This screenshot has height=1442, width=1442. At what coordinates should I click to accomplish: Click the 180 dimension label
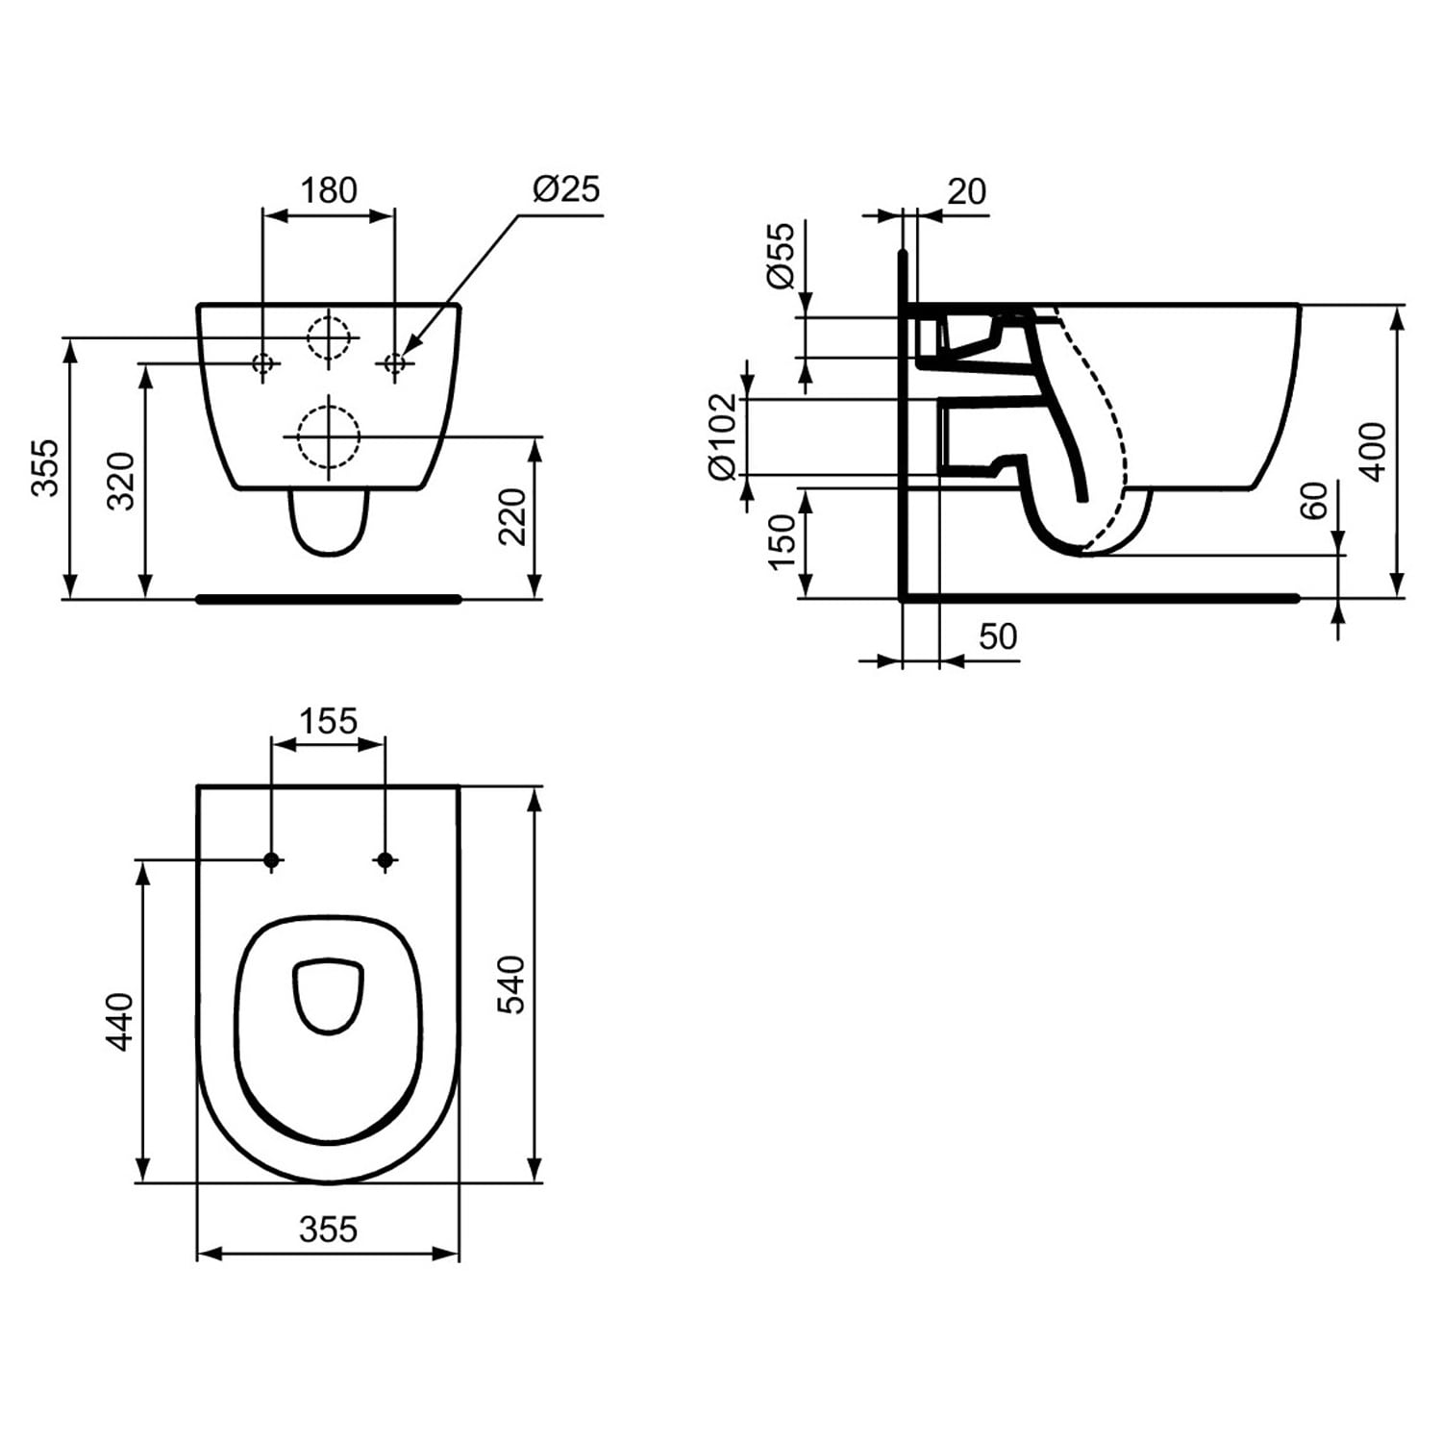(329, 190)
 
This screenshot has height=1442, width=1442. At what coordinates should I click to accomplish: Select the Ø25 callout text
(566, 188)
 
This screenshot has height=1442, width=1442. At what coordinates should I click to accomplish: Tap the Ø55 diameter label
(782, 255)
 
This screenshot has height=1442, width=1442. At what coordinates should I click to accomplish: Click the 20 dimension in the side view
(966, 192)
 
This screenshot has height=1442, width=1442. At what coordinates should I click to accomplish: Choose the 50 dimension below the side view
(998, 636)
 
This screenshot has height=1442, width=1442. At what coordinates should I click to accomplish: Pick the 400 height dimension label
(1373, 452)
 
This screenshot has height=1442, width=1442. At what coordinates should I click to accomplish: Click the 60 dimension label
(1313, 501)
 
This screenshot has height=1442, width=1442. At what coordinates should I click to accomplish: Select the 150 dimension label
(783, 540)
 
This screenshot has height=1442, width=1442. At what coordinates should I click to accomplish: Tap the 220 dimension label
(513, 517)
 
